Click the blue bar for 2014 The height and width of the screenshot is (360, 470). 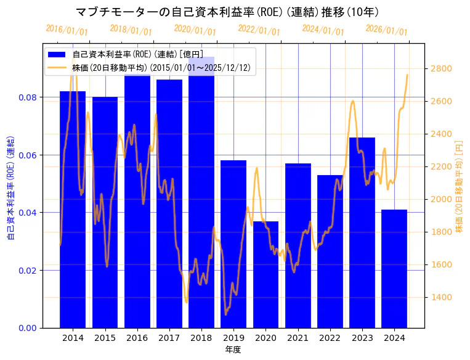(x=73, y=210)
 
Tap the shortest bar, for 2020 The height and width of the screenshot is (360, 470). (x=265, y=274)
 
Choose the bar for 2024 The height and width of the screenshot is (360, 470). (x=394, y=269)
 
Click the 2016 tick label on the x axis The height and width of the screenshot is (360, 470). (x=137, y=338)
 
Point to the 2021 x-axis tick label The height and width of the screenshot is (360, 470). (x=298, y=338)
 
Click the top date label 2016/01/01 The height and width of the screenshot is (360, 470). (x=67, y=30)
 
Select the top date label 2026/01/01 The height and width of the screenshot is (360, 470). (x=387, y=30)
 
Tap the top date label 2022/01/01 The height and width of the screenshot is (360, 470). (x=259, y=30)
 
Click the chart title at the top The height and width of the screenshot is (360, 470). (x=227, y=12)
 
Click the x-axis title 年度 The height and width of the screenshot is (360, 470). (x=233, y=350)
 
